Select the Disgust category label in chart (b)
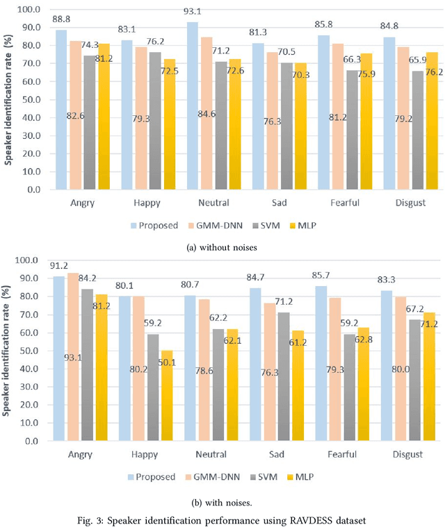[407, 455]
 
